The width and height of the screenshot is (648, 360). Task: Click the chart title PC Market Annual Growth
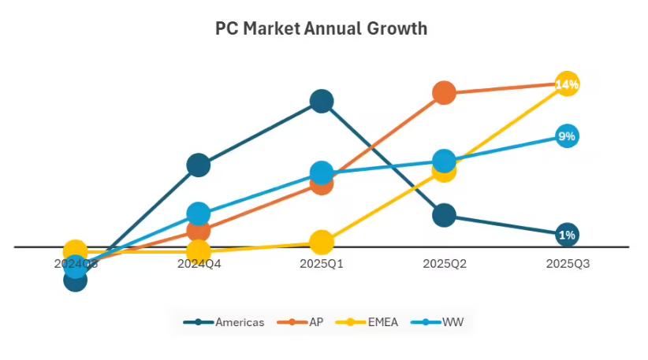(x=322, y=29)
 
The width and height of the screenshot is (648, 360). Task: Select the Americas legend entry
(x=225, y=322)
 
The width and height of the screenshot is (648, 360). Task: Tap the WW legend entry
(x=441, y=322)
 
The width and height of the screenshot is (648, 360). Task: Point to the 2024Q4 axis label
(x=199, y=264)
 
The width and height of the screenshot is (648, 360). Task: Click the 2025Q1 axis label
(x=322, y=264)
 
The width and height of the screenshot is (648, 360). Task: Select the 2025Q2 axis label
(x=445, y=264)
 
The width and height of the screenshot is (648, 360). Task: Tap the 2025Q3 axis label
(x=568, y=264)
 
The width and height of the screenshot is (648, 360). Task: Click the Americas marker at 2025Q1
(x=322, y=101)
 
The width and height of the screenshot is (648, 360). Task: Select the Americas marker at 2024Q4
(x=199, y=165)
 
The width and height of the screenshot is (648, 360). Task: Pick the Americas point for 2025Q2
(x=445, y=214)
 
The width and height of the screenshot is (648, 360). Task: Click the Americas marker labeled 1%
(x=568, y=235)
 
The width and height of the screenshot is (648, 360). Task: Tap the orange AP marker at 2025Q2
(x=445, y=92)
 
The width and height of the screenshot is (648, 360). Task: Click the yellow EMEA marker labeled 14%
(x=568, y=84)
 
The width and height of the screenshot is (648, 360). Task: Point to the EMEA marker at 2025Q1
(x=322, y=242)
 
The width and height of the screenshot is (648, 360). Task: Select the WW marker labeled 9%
(x=568, y=136)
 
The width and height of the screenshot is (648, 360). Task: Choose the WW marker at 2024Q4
(x=199, y=213)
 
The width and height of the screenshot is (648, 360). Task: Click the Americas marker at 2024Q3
(x=75, y=280)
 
